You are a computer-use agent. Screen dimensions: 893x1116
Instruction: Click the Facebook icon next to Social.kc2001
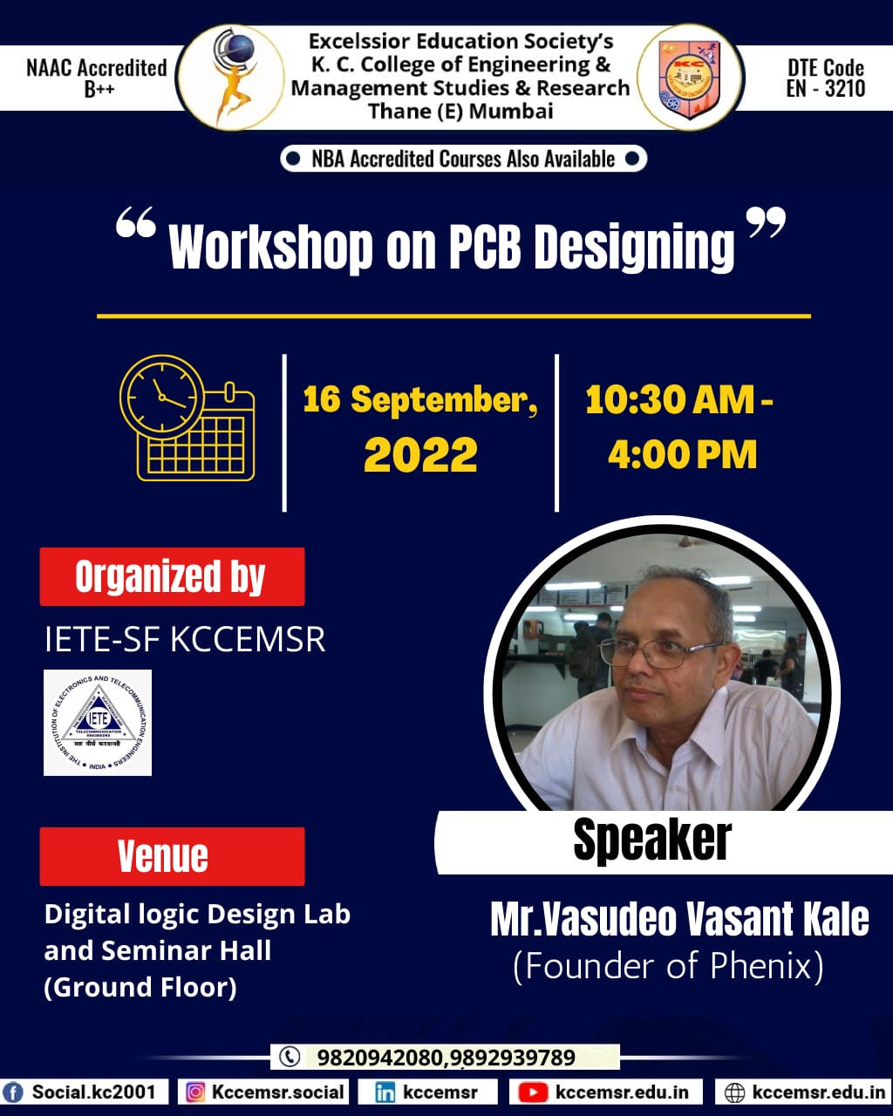pos(13,1092)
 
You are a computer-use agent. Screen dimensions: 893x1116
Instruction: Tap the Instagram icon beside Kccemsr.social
pos(195,1092)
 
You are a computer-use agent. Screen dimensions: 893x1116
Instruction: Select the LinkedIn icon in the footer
pos(385,1092)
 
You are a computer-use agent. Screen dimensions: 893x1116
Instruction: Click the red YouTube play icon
pos(533,1092)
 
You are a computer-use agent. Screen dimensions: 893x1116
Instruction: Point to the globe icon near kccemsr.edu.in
pos(734,1092)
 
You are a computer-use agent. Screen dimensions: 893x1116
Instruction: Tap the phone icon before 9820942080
pos(290,1057)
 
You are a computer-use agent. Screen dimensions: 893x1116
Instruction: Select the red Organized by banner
pos(173,576)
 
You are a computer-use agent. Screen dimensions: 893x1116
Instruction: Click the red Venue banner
pos(173,856)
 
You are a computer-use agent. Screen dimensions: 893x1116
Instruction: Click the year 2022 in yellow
pos(420,455)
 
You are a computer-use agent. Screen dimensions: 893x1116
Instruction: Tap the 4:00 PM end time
pos(682,455)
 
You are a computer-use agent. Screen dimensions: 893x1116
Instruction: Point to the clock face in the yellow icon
pos(162,398)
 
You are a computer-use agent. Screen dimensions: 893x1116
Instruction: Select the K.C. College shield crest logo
pos(690,78)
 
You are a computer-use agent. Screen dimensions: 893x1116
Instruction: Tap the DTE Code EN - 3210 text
pos(826,78)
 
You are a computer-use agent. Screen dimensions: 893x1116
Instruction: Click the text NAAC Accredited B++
pos(97,78)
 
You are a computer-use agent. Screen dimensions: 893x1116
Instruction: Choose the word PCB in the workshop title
pos(485,246)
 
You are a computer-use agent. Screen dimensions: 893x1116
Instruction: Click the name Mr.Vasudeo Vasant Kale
pos(679,920)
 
